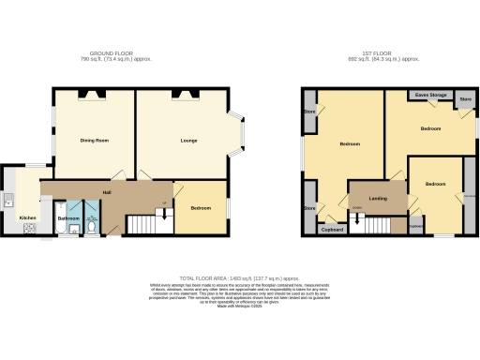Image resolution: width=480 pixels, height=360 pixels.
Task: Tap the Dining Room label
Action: click(x=95, y=141)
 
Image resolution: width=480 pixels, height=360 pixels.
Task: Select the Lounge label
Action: click(x=188, y=141)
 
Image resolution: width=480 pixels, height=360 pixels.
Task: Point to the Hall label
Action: click(x=108, y=192)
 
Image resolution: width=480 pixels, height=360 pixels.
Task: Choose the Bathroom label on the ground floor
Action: click(x=68, y=218)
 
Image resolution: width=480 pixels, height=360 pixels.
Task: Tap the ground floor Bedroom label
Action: click(x=201, y=207)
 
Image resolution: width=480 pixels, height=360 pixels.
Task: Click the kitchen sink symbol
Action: click(x=7, y=198)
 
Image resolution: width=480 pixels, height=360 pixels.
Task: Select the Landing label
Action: click(x=379, y=198)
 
